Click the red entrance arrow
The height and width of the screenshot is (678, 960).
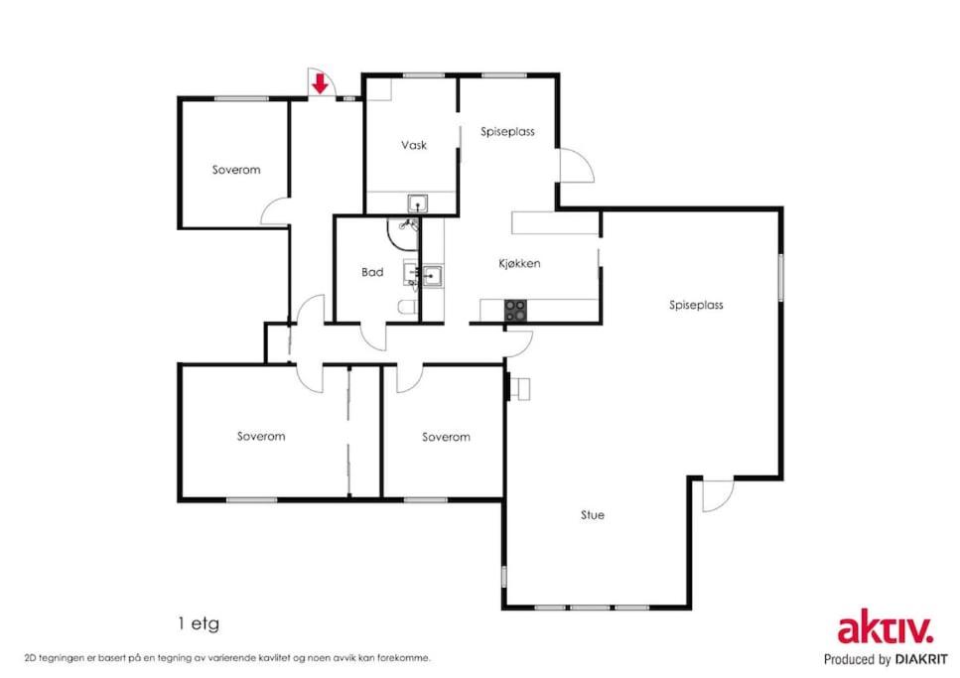(x=320, y=83)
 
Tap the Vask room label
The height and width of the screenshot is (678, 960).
(x=414, y=145)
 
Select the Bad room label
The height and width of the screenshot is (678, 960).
(x=372, y=272)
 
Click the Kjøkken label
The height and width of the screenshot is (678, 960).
(x=519, y=263)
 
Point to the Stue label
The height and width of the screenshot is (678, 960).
(x=593, y=515)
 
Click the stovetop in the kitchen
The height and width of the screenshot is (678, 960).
(x=515, y=311)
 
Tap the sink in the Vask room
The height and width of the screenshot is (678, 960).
(x=418, y=203)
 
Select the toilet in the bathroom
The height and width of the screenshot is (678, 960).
(x=408, y=306)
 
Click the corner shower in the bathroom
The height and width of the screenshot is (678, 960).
(x=403, y=233)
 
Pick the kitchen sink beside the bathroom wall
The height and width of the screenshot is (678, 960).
(x=432, y=276)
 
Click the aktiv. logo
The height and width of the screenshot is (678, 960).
(x=886, y=626)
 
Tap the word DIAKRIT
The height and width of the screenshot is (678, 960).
(x=921, y=659)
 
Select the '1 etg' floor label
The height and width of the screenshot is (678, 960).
(x=199, y=624)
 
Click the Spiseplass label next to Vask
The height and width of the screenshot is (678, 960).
(x=507, y=132)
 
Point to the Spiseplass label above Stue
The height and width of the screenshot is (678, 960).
(x=696, y=305)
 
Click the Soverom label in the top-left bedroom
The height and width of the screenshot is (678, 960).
(x=236, y=170)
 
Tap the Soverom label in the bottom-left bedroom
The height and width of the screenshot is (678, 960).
(x=261, y=436)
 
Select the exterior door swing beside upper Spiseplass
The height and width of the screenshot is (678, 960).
(x=577, y=166)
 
